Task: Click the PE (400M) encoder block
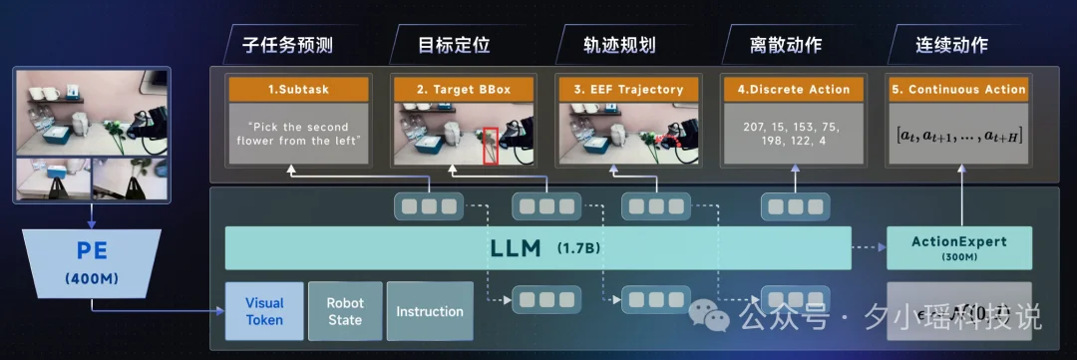click(x=91, y=263)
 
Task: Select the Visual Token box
click(x=264, y=311)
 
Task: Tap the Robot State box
click(x=344, y=311)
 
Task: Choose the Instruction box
click(x=430, y=311)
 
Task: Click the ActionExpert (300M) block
click(x=959, y=247)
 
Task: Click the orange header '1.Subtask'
click(x=298, y=90)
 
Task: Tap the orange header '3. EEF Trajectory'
click(x=629, y=90)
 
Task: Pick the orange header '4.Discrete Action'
click(x=794, y=90)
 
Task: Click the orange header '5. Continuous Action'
click(x=958, y=90)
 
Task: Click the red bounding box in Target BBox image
click(x=491, y=144)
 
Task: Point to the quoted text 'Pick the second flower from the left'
click(x=298, y=134)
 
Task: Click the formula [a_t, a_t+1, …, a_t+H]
click(x=958, y=134)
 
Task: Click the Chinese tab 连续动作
click(x=951, y=45)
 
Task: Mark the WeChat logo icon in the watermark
click(x=717, y=317)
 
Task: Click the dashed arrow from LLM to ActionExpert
click(x=869, y=247)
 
